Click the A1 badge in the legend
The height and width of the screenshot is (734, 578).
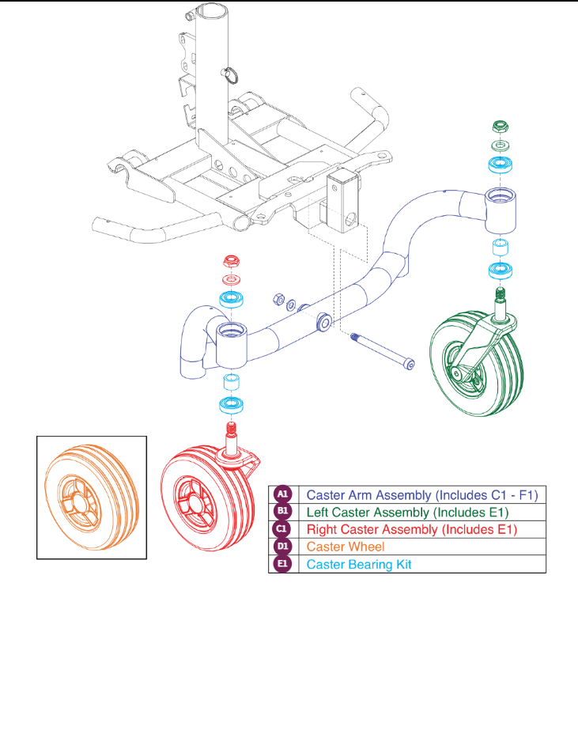283,494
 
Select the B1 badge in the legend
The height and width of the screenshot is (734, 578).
283,511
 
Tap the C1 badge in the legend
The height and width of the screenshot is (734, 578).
281,528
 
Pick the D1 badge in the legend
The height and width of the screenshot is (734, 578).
283,547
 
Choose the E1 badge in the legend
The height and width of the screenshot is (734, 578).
283,564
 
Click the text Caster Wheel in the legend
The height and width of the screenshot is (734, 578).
346,547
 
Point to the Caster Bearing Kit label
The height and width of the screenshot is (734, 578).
359,565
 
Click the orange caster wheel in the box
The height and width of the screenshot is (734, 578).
92,497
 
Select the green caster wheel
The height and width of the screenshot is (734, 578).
477,363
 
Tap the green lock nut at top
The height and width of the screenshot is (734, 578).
501,127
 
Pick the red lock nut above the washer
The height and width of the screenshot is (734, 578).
232,261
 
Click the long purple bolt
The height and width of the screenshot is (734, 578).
383,351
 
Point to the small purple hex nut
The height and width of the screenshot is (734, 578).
278,299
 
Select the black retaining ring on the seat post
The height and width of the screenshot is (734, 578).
231,75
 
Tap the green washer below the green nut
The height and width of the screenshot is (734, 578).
501,146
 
